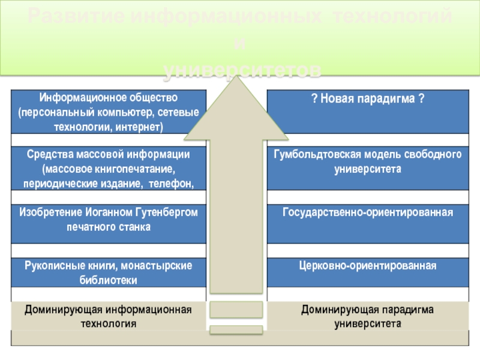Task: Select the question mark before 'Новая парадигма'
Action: [x=314, y=98]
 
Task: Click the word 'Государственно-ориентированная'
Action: [x=368, y=212]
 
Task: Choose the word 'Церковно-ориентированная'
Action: [x=368, y=265]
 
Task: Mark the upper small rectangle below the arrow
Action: [x=235, y=310]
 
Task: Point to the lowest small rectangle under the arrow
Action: [x=235, y=329]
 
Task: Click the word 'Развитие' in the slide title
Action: [x=75, y=17]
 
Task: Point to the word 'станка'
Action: [x=136, y=227]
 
